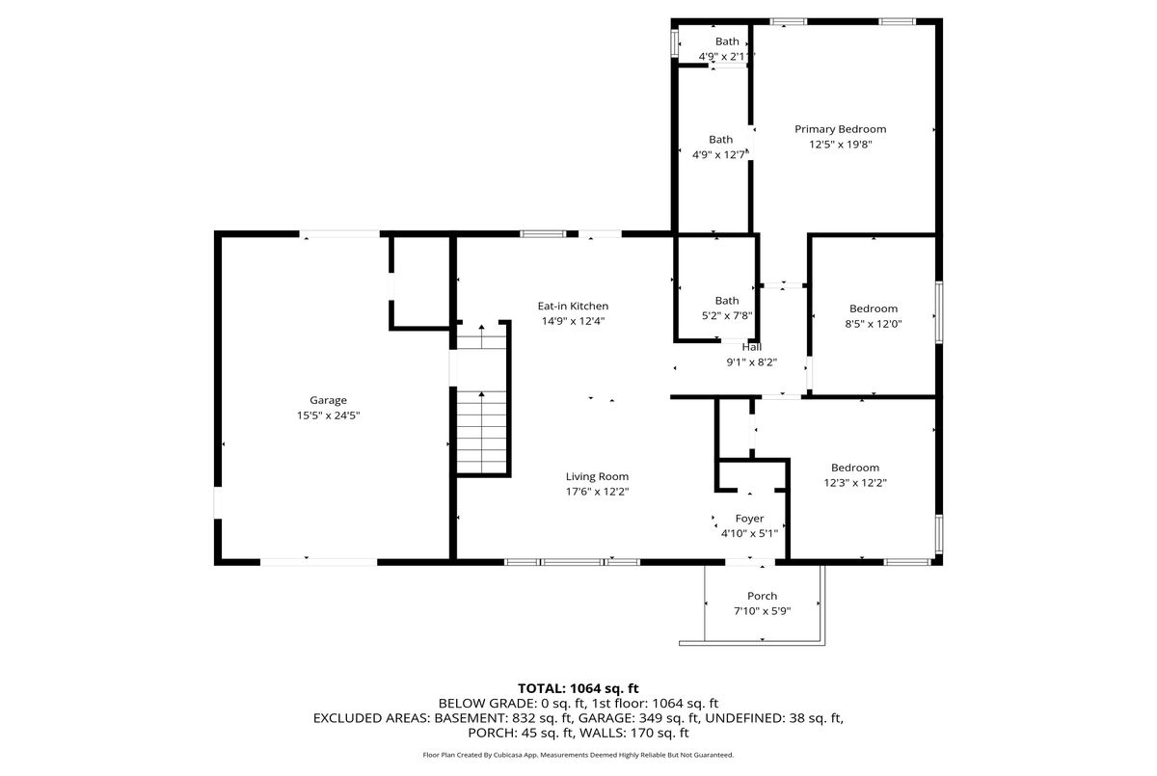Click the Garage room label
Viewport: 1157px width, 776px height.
coord(328,400)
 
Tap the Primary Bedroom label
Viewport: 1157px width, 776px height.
coord(840,129)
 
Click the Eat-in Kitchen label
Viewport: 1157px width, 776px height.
coord(573,307)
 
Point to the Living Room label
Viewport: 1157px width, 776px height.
coord(597,476)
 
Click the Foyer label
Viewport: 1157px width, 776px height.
coord(749,519)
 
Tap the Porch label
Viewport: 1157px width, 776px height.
coord(762,596)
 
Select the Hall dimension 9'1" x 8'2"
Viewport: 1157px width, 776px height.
coord(751,362)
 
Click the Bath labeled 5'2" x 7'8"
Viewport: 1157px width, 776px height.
coord(727,301)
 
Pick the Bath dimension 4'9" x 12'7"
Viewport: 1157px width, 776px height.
coord(720,154)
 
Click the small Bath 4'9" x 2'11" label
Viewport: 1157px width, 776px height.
coord(727,41)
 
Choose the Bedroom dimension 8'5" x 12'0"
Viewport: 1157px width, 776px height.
coord(874,324)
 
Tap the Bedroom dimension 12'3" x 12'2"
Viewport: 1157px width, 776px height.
coord(855,483)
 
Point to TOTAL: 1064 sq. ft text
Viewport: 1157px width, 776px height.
coord(578,688)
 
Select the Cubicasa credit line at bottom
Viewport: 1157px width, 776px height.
coord(578,755)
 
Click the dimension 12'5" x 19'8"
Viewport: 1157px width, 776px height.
coord(840,145)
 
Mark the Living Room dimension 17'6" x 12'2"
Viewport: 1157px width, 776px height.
coord(597,492)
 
